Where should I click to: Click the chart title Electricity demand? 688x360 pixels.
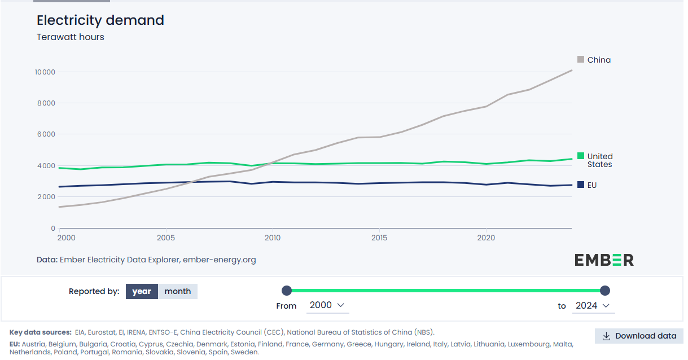tap(100, 20)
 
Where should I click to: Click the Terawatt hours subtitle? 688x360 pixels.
tap(70, 37)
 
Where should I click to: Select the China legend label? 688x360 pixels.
tap(598, 60)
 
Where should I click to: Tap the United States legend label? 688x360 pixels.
tap(599, 160)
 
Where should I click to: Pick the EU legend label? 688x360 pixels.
tap(591, 185)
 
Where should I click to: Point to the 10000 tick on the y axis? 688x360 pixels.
tap(45, 72)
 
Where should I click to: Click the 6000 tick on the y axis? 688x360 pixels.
tap(46, 134)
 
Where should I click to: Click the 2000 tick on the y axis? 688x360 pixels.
tap(46, 197)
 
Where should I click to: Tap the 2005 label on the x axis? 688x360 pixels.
tap(166, 238)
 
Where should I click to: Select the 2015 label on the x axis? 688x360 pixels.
tap(379, 238)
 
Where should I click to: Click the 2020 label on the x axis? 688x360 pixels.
tap(486, 238)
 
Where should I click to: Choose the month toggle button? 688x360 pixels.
tap(177, 291)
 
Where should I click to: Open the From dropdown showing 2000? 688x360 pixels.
tap(327, 305)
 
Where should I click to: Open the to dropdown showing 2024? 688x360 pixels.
tap(592, 305)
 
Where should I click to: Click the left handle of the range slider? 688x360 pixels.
tap(287, 291)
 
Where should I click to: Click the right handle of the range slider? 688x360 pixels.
tap(605, 291)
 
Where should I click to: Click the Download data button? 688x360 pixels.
tap(639, 336)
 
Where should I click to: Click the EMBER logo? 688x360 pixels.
tap(603, 260)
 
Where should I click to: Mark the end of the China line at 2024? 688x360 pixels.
tap(572, 71)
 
